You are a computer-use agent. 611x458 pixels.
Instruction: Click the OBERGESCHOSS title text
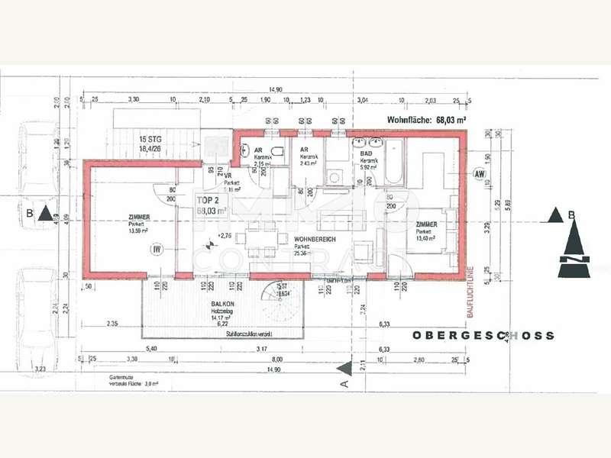483,335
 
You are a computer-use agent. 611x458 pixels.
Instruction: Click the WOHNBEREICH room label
316,239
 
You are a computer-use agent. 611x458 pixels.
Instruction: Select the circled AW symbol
480,174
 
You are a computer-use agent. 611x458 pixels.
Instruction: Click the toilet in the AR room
280,150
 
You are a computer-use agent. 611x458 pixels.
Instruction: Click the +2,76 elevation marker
224,236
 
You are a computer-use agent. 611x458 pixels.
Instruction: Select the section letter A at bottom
344,384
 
